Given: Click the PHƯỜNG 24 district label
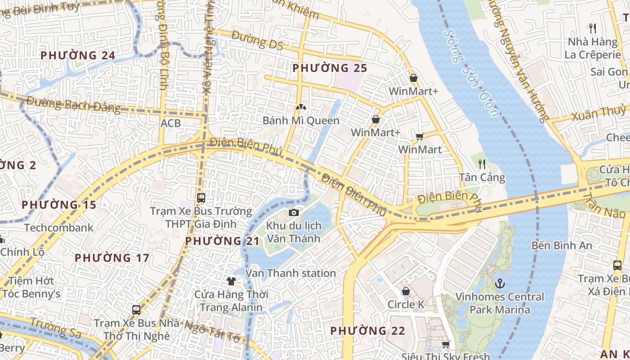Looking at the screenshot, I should coord(78,56).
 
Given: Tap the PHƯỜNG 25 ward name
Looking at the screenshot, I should coord(330,68).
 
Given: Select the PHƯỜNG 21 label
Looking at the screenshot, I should coord(223,241).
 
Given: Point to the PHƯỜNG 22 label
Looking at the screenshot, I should coord(368,331).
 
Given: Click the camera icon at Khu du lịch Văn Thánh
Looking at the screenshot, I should coord(294,212).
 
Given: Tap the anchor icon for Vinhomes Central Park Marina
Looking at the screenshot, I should coord(499,283).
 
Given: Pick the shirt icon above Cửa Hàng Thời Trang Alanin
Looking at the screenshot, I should coord(231,281).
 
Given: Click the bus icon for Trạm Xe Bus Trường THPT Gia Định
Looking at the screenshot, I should coord(201,198).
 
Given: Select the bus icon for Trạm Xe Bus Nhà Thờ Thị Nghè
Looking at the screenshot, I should coord(136,310).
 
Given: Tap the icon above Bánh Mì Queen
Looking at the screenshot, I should coord(301,108).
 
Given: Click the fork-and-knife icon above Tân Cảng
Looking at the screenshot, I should coord(482,164).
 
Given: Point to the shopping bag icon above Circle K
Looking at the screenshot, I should coord(406,291).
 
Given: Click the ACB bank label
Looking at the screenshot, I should coord(171,123).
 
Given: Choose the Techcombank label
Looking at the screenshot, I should coord(59,228).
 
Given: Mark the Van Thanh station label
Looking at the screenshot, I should coord(291,273).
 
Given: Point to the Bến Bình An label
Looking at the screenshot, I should coord(562,246).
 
